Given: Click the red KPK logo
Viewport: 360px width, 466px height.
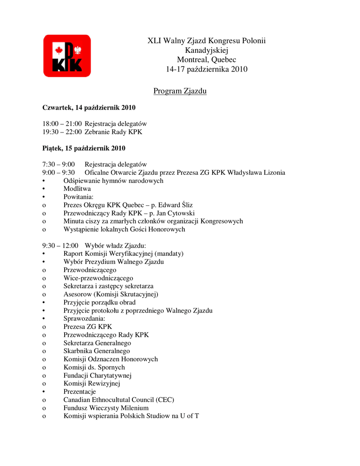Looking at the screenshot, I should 67,56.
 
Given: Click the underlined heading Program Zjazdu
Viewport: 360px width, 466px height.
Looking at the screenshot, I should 180,91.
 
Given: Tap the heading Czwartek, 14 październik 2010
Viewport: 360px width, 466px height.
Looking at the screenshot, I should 89,108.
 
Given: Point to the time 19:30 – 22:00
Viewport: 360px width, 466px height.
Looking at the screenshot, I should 62,132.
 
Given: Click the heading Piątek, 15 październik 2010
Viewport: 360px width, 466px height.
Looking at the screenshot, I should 84,148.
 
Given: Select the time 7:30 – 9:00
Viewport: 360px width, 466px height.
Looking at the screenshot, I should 59,164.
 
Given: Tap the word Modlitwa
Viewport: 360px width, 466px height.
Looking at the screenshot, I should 77,188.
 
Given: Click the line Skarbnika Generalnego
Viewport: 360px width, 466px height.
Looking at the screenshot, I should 96,351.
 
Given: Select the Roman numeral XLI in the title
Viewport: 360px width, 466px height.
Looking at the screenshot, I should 155,41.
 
